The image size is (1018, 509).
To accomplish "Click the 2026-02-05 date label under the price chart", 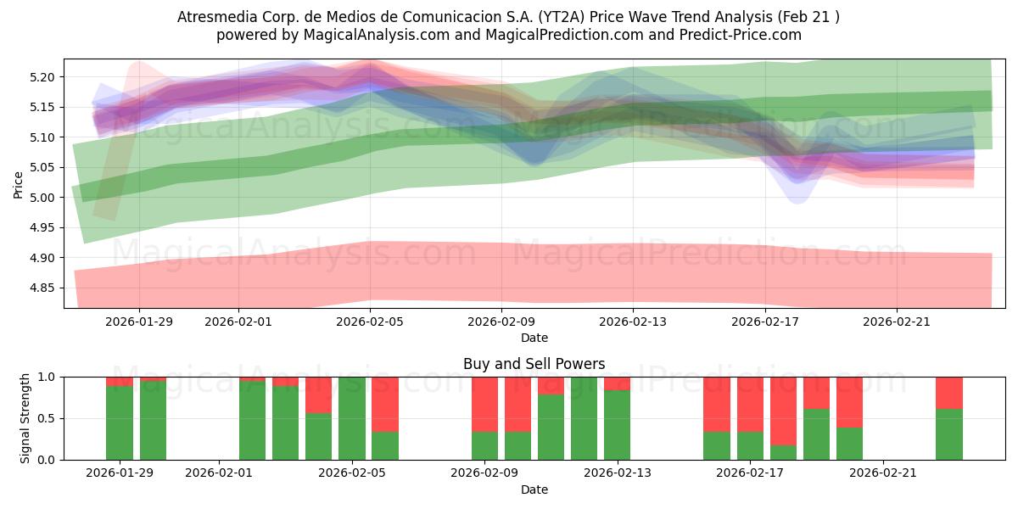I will click(x=371, y=322).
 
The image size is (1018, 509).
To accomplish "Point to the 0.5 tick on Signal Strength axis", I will click(x=47, y=418).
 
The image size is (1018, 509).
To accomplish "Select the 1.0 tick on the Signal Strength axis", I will click(x=47, y=377).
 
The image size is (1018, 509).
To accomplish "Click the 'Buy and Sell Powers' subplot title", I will click(x=534, y=364).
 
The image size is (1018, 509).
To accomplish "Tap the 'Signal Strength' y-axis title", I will click(x=25, y=418).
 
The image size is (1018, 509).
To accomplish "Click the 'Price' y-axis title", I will click(x=19, y=183).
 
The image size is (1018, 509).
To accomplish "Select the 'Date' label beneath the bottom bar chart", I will click(x=534, y=489).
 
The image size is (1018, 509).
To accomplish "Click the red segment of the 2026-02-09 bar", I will click(x=484, y=404).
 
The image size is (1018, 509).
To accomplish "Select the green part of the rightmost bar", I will click(x=948, y=434).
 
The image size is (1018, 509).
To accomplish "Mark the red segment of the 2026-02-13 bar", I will click(x=617, y=383).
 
